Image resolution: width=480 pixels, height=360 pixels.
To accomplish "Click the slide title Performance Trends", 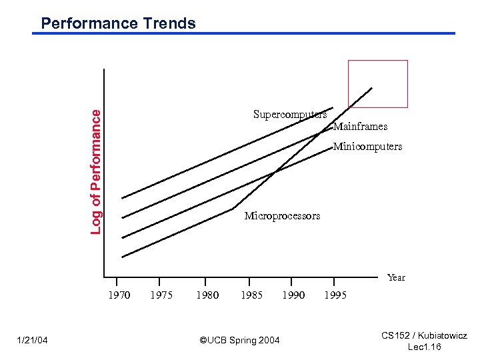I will coord(118,23).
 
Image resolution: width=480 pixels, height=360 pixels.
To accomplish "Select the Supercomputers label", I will coord(289,114).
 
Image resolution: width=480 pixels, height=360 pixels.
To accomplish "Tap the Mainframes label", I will coord(360,126).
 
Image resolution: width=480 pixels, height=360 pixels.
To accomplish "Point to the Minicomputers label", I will coord(367,146).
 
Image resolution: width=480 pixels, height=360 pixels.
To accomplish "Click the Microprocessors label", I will coord(282,215).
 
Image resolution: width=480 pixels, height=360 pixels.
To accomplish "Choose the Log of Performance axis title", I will coord(96,171).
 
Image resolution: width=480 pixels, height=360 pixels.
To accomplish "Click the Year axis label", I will coord(396,277).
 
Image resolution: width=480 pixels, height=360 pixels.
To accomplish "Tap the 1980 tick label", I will coord(207,295).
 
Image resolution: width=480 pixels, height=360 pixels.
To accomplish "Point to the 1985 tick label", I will coord(251,295).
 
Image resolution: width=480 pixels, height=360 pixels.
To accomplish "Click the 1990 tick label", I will coord(293,295).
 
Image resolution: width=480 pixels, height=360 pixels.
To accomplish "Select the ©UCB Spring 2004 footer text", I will coord(240,341).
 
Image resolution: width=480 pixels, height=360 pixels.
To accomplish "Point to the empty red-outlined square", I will coord(377,83).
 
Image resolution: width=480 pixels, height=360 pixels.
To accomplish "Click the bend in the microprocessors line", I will coord(233,209).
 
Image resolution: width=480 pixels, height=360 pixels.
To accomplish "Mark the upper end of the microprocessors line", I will coord(372,88).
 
